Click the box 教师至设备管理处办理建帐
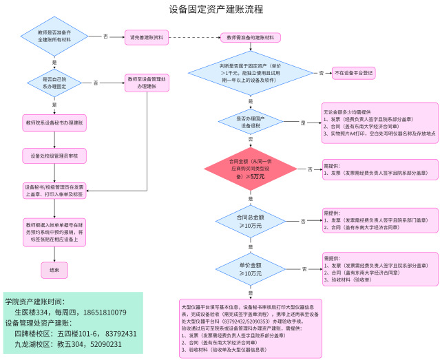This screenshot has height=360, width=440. coord(147,84)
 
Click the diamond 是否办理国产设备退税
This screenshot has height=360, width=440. coord(250,122)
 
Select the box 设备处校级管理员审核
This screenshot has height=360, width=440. coord(54,157)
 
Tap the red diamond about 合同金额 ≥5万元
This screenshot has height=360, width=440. coord(250,169)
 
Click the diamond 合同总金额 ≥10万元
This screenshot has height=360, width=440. coord(250,220)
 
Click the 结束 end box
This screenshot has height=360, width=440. coord(54,271)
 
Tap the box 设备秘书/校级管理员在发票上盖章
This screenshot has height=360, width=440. coord(54,191)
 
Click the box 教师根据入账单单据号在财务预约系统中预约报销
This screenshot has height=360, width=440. coord(54,233)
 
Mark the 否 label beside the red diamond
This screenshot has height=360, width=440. coord(310,169)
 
